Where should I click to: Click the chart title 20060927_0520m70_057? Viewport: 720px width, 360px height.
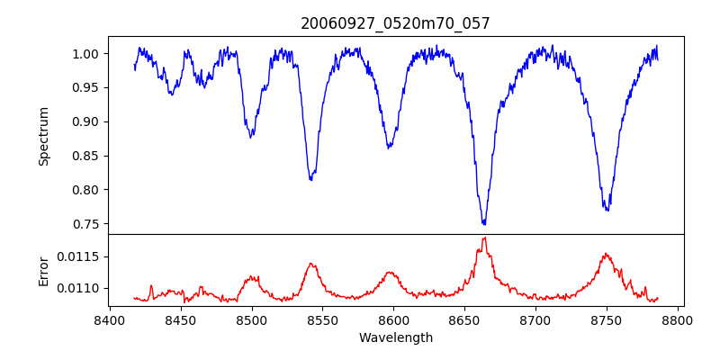pos(396,23)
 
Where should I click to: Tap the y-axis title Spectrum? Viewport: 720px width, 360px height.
pos(43,136)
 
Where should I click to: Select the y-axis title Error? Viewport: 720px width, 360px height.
pos(43,271)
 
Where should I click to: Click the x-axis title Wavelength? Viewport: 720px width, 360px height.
pos(396,338)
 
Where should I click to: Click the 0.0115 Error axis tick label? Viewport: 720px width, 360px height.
pos(79,256)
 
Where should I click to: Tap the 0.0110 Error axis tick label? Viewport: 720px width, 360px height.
pos(79,288)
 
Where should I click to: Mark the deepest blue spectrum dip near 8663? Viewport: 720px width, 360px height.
pos(484,223)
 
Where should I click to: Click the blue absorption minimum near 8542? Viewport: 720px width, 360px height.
pos(310,180)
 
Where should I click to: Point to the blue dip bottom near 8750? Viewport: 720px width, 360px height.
pos(607,210)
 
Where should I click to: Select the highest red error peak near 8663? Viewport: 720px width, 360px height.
pos(484,238)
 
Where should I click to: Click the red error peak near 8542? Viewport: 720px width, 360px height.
pos(310,264)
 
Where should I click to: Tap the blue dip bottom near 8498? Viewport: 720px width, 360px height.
pos(250,136)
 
